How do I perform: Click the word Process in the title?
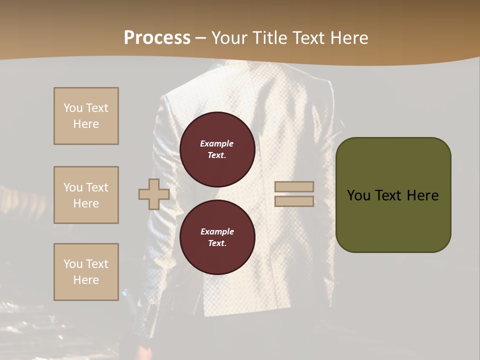pyautogui.click(x=157, y=38)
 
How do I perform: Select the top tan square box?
pyautogui.click(x=86, y=116)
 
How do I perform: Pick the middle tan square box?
pyautogui.click(x=86, y=195)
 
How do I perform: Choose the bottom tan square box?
pyautogui.click(x=86, y=272)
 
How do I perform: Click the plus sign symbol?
pyautogui.click(x=153, y=194)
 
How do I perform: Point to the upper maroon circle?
pyautogui.click(x=217, y=149)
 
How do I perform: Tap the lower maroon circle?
pyautogui.click(x=217, y=237)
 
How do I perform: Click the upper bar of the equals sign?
pyautogui.click(x=294, y=187)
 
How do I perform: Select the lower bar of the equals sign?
pyautogui.click(x=294, y=201)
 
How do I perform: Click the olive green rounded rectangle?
pyautogui.click(x=393, y=220)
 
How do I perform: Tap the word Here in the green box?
pyautogui.click(x=422, y=195)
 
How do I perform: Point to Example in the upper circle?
pyautogui.click(x=217, y=143)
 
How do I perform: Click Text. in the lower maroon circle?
pyautogui.click(x=217, y=243)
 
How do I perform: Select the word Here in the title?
pyautogui.click(x=347, y=38)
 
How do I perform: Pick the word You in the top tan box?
pyautogui.click(x=73, y=108)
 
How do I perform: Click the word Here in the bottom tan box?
pyautogui.click(x=86, y=280)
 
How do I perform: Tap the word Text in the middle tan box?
pyautogui.click(x=97, y=187)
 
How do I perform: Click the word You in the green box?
pyautogui.click(x=359, y=195)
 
